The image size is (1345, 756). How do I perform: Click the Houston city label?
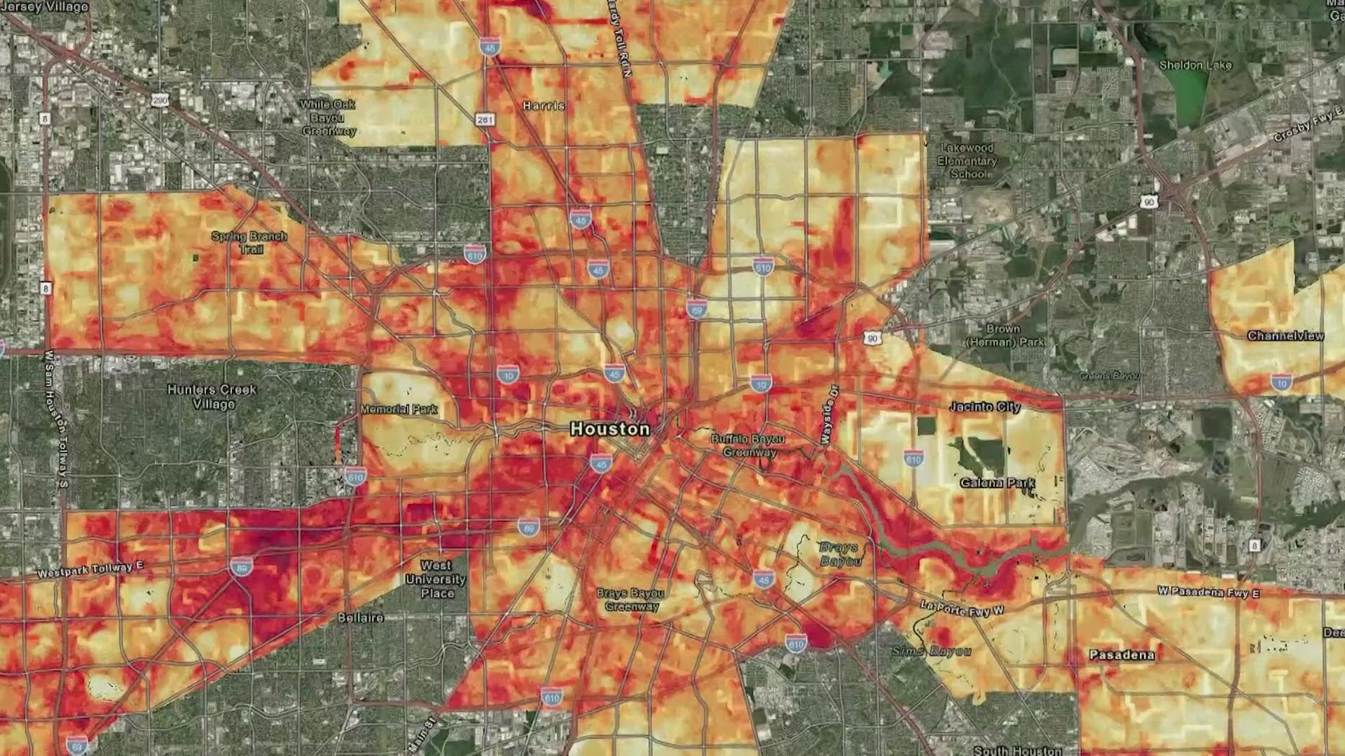click(609, 428)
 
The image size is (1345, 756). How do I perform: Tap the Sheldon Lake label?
click(1195, 65)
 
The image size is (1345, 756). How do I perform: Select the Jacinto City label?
click(985, 407)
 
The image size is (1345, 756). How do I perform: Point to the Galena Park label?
click(998, 483)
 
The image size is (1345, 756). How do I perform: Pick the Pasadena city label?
click(1122, 655)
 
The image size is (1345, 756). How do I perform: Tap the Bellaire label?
click(361, 618)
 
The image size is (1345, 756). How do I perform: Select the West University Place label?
click(436, 579)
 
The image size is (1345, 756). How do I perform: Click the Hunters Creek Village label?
click(212, 396)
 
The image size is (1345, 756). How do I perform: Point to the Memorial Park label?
click(399, 409)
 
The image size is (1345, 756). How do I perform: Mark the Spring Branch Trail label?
click(249, 242)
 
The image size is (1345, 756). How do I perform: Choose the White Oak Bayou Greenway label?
click(329, 118)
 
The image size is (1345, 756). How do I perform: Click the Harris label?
click(544, 106)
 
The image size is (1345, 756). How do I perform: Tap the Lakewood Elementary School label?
click(967, 161)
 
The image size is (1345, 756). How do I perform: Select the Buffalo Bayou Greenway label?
click(748, 445)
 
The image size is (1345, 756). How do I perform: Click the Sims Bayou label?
click(931, 651)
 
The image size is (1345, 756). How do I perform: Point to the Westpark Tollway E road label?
click(90, 569)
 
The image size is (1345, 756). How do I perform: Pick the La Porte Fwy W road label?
click(962, 608)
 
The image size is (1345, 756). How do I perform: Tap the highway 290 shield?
click(160, 101)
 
